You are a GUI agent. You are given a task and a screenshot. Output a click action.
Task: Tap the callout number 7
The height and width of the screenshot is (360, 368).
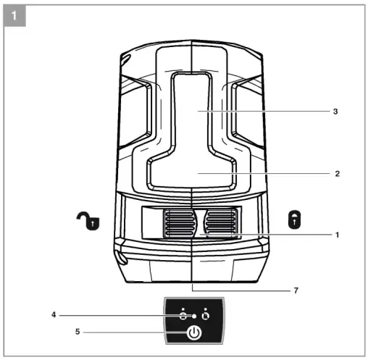pyautogui.click(x=295, y=290)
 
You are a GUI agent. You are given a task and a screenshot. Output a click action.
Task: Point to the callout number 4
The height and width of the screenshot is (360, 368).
pyautogui.click(x=54, y=315)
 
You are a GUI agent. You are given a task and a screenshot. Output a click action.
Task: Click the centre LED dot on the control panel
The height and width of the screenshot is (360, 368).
pyautogui.click(x=194, y=316)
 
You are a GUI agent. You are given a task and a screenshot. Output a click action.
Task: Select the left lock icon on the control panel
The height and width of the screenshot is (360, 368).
pyautogui.click(x=183, y=315)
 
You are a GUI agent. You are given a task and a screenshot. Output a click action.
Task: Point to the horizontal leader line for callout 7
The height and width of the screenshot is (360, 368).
pyautogui.click(x=239, y=290)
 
